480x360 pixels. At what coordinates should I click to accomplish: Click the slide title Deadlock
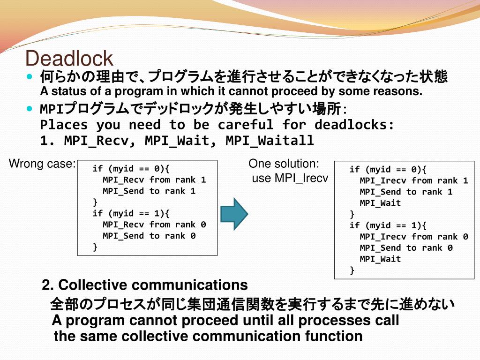tap(69, 58)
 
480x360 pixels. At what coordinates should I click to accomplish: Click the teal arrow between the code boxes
tap(234, 214)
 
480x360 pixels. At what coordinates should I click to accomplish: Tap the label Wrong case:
tap(42, 164)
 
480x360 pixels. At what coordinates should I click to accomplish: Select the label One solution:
tap(284, 164)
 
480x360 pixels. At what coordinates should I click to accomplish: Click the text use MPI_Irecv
tap(290, 178)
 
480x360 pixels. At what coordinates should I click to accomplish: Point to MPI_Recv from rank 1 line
tap(154, 180)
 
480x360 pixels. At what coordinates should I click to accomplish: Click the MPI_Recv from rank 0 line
tap(154, 225)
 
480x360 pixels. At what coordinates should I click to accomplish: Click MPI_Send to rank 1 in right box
tap(406, 192)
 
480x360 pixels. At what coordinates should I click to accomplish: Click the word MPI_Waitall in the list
tap(270, 140)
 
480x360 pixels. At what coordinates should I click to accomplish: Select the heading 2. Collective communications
tap(145, 285)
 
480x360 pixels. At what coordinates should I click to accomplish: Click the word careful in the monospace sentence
tap(246, 125)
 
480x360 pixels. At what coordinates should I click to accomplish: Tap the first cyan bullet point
tap(30, 76)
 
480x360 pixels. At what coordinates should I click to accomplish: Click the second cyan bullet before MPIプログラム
tap(30, 108)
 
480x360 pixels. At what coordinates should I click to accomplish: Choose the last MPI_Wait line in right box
tap(380, 259)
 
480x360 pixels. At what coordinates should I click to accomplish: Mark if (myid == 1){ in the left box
tap(131, 213)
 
